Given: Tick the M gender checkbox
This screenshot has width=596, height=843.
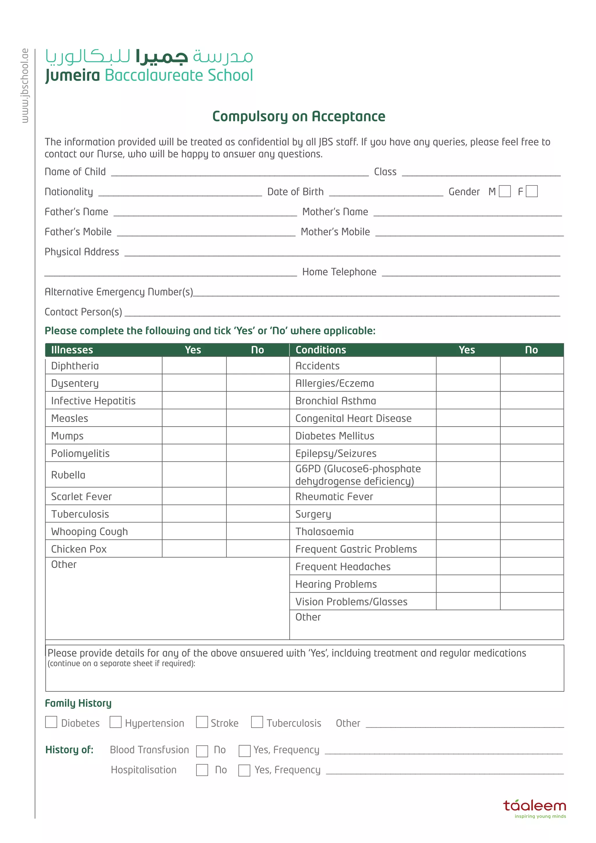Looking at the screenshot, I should pos(505,191).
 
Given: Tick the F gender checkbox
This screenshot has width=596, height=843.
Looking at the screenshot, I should pos(531,191).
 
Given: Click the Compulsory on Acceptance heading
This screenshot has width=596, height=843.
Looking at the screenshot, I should pos(299,116).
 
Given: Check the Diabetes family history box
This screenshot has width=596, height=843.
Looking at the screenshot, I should pos(51,722).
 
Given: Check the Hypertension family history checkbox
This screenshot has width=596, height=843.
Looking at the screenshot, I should pos(116,722).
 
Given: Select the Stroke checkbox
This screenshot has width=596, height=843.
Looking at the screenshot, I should pos(202,722).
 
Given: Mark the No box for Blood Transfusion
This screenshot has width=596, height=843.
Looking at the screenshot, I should pos(202,751).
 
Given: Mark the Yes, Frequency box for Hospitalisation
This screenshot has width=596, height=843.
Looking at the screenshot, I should pos(244,770).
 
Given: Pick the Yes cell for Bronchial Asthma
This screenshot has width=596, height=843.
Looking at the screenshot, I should pos(468,400).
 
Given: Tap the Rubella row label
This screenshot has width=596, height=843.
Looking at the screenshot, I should pos(68,475).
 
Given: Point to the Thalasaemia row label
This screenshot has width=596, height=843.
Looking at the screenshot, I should pos(324,531).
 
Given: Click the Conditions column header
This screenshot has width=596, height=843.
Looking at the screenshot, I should pos(321,350).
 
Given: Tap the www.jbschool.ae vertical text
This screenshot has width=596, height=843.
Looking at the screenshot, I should pos(24,86).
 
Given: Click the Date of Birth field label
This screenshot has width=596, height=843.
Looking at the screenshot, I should pos(295,192).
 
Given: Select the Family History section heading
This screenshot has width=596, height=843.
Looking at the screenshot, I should pos(78,703).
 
